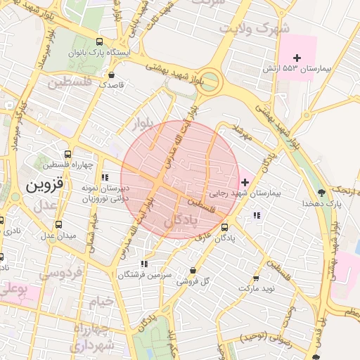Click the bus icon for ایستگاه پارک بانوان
pyautogui.click(x=98, y=41)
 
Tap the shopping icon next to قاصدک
pyautogui.click(x=111, y=73)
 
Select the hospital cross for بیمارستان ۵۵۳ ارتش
pyautogui.click(x=297, y=57)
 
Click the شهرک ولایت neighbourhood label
pyautogui.click(x=255, y=30)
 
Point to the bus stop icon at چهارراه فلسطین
pyautogui.click(x=67, y=154)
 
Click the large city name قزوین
pyautogui.click(x=45, y=186)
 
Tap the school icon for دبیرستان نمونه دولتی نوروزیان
pyautogui.click(x=105, y=178)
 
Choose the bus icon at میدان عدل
pyautogui.click(x=58, y=224)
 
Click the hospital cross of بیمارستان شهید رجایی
pyautogui.click(x=244, y=182)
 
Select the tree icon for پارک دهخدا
pyautogui.click(x=322, y=192)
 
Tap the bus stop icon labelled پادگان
pyautogui.click(x=225, y=227)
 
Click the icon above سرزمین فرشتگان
pyautogui.click(x=143, y=264)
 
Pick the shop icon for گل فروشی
pyautogui.click(x=193, y=271)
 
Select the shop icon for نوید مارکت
pyautogui.click(x=255, y=278)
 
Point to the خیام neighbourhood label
pyautogui.click(x=100, y=302)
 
